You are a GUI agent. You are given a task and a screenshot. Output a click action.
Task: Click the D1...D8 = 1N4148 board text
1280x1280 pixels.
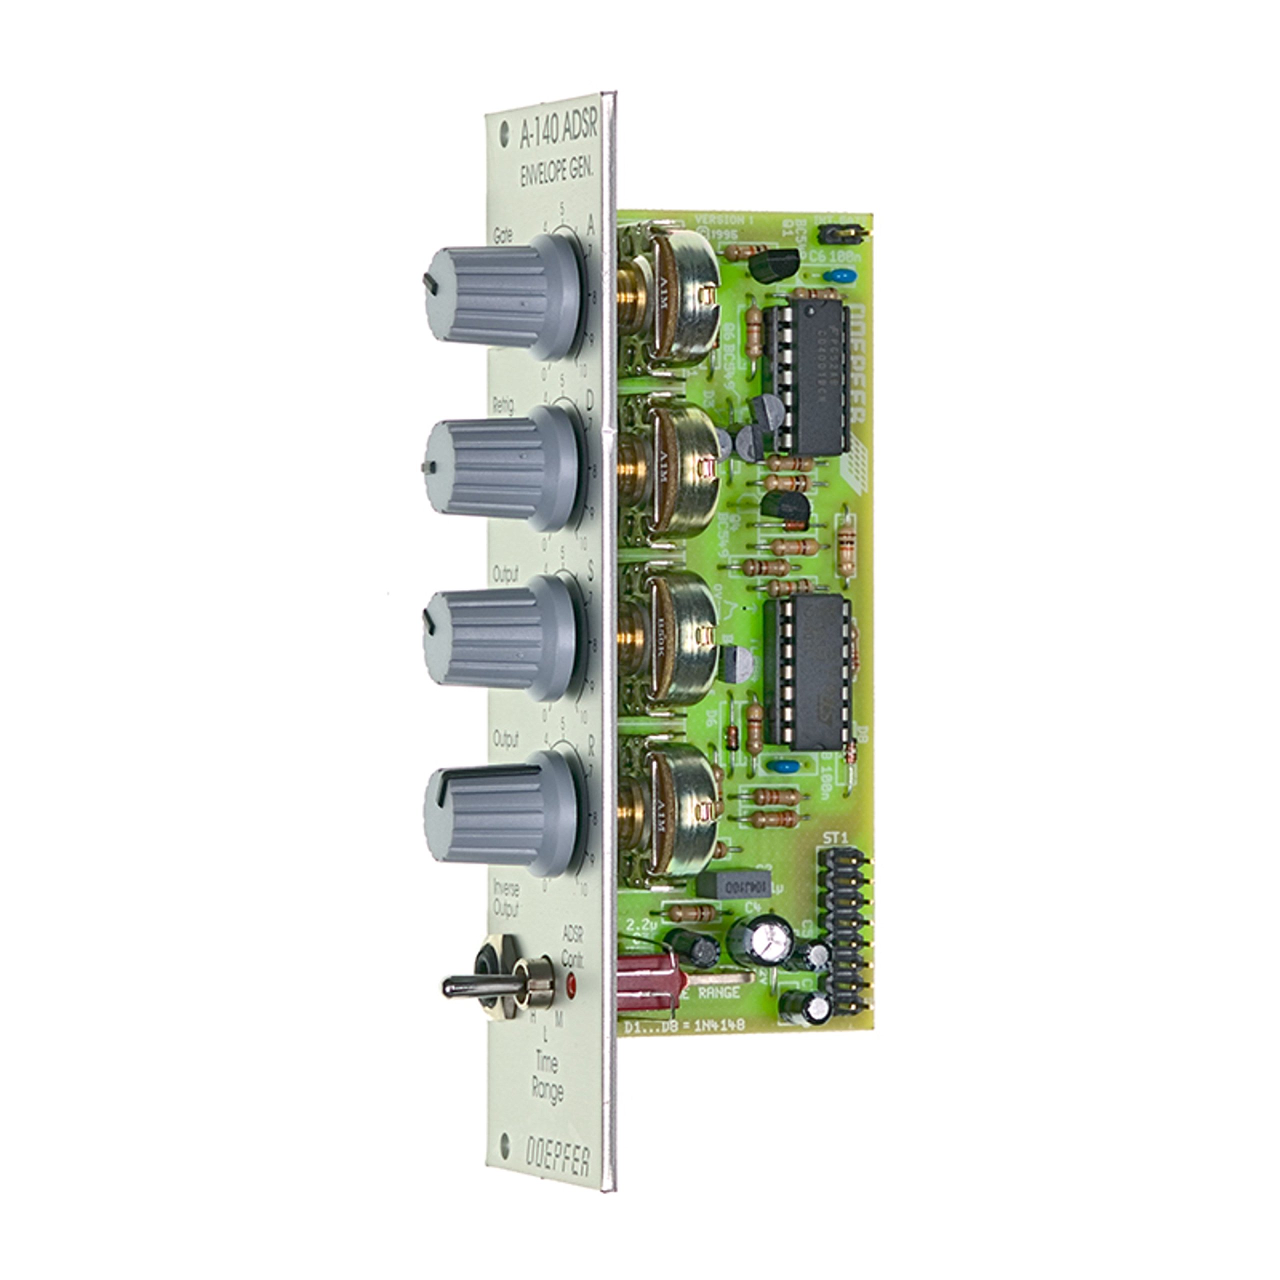coord(685,1044)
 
